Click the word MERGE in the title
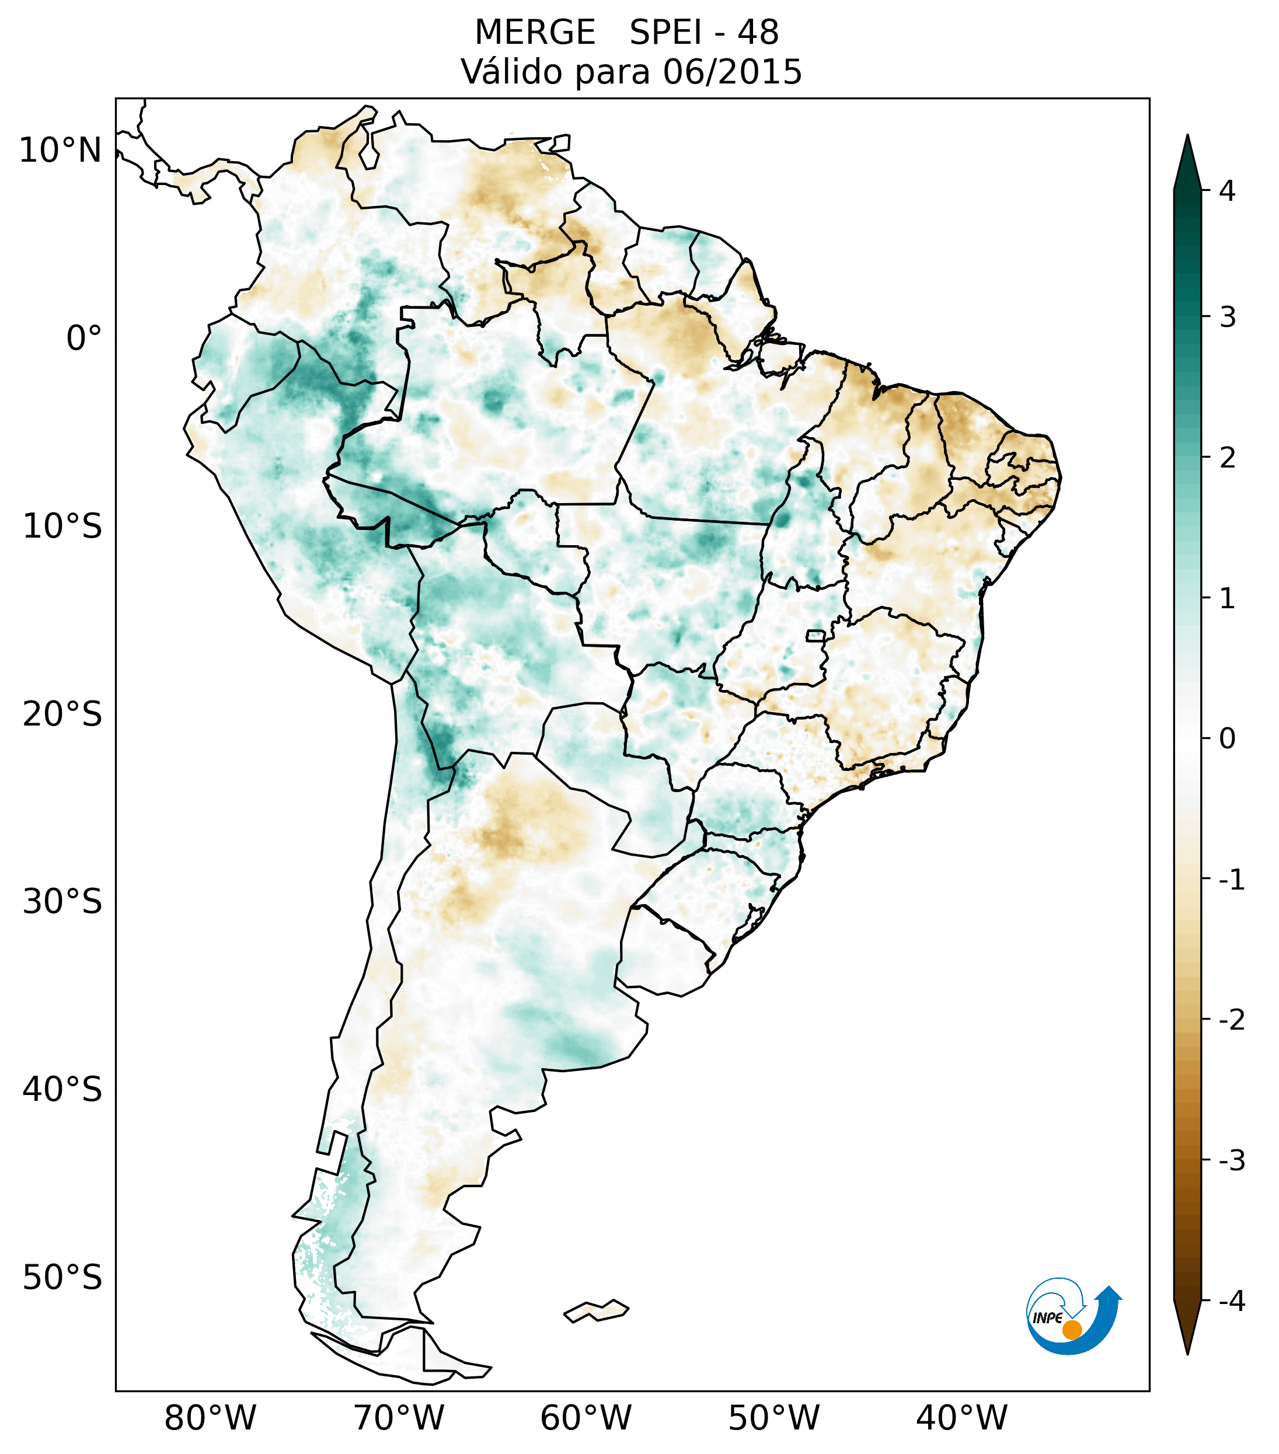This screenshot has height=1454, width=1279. (x=534, y=33)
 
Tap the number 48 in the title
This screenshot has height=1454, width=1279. (x=758, y=33)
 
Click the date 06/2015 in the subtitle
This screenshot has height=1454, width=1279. (x=732, y=72)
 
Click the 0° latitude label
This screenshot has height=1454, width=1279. (x=84, y=339)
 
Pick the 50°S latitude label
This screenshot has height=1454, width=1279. (x=62, y=1278)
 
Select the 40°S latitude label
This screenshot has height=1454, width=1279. (x=62, y=1089)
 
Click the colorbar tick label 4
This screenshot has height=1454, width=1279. (x=1227, y=191)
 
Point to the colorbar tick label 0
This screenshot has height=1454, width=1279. (x=1227, y=738)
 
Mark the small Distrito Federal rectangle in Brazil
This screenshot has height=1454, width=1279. (x=816, y=635)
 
